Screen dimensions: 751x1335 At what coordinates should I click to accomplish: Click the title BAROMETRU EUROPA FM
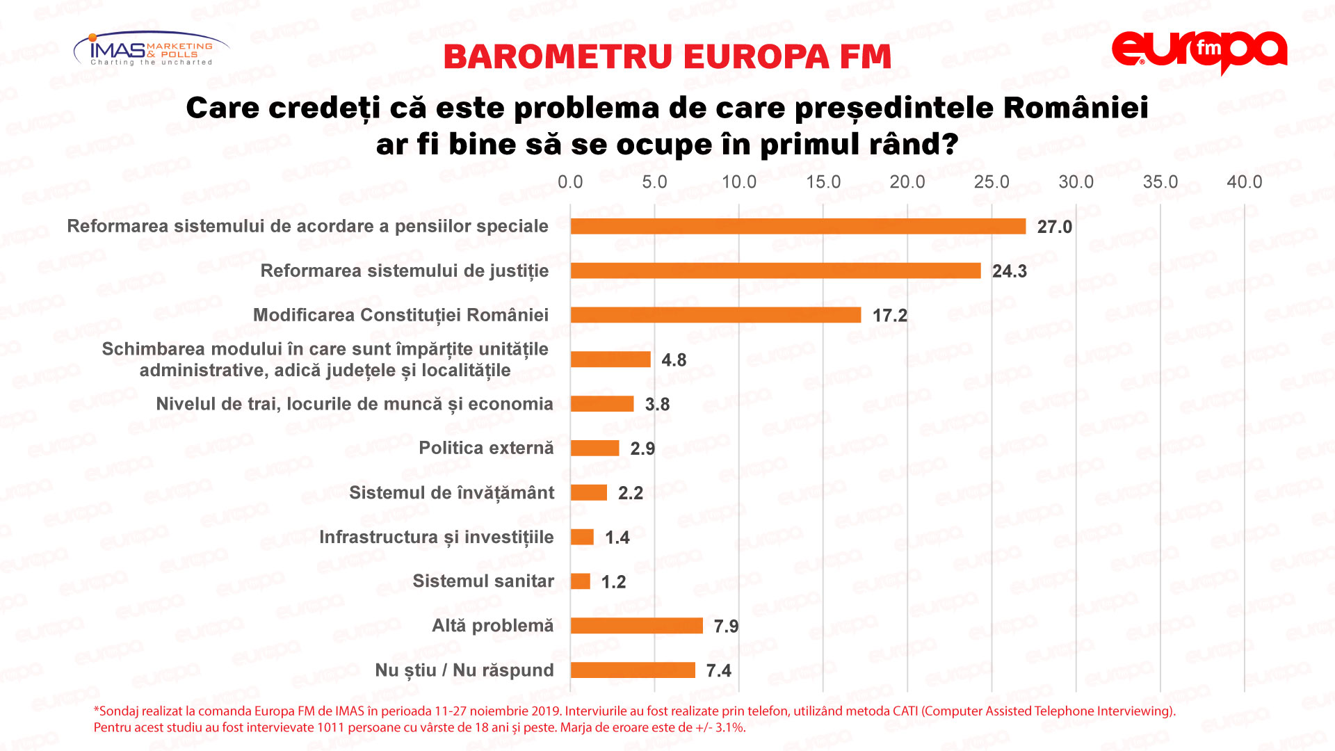(667, 57)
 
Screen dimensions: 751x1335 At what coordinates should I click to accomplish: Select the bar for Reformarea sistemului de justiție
(775, 270)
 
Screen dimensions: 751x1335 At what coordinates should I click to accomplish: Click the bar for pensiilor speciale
(798, 226)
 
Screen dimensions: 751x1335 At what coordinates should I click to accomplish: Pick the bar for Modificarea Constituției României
(715, 315)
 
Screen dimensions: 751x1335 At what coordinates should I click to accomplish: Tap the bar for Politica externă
(594, 449)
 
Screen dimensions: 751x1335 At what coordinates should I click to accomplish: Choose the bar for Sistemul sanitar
(581, 581)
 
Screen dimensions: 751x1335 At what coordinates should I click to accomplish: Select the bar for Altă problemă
(636, 626)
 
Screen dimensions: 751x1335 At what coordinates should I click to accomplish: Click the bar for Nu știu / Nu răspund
(633, 670)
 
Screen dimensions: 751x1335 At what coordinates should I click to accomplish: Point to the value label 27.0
(1054, 227)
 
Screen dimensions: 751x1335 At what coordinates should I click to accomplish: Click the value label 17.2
(889, 316)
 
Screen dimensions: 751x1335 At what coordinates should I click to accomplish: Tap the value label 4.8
(673, 360)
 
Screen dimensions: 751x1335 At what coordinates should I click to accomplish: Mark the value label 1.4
(617, 538)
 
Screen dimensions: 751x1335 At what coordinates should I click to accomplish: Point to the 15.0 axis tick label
(823, 182)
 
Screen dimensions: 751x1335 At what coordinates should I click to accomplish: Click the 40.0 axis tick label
(1244, 182)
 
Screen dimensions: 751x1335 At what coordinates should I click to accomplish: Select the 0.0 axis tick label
(570, 182)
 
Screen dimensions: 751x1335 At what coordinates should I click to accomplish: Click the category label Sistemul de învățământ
(451, 493)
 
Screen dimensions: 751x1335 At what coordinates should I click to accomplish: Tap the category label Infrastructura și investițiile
(436, 537)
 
